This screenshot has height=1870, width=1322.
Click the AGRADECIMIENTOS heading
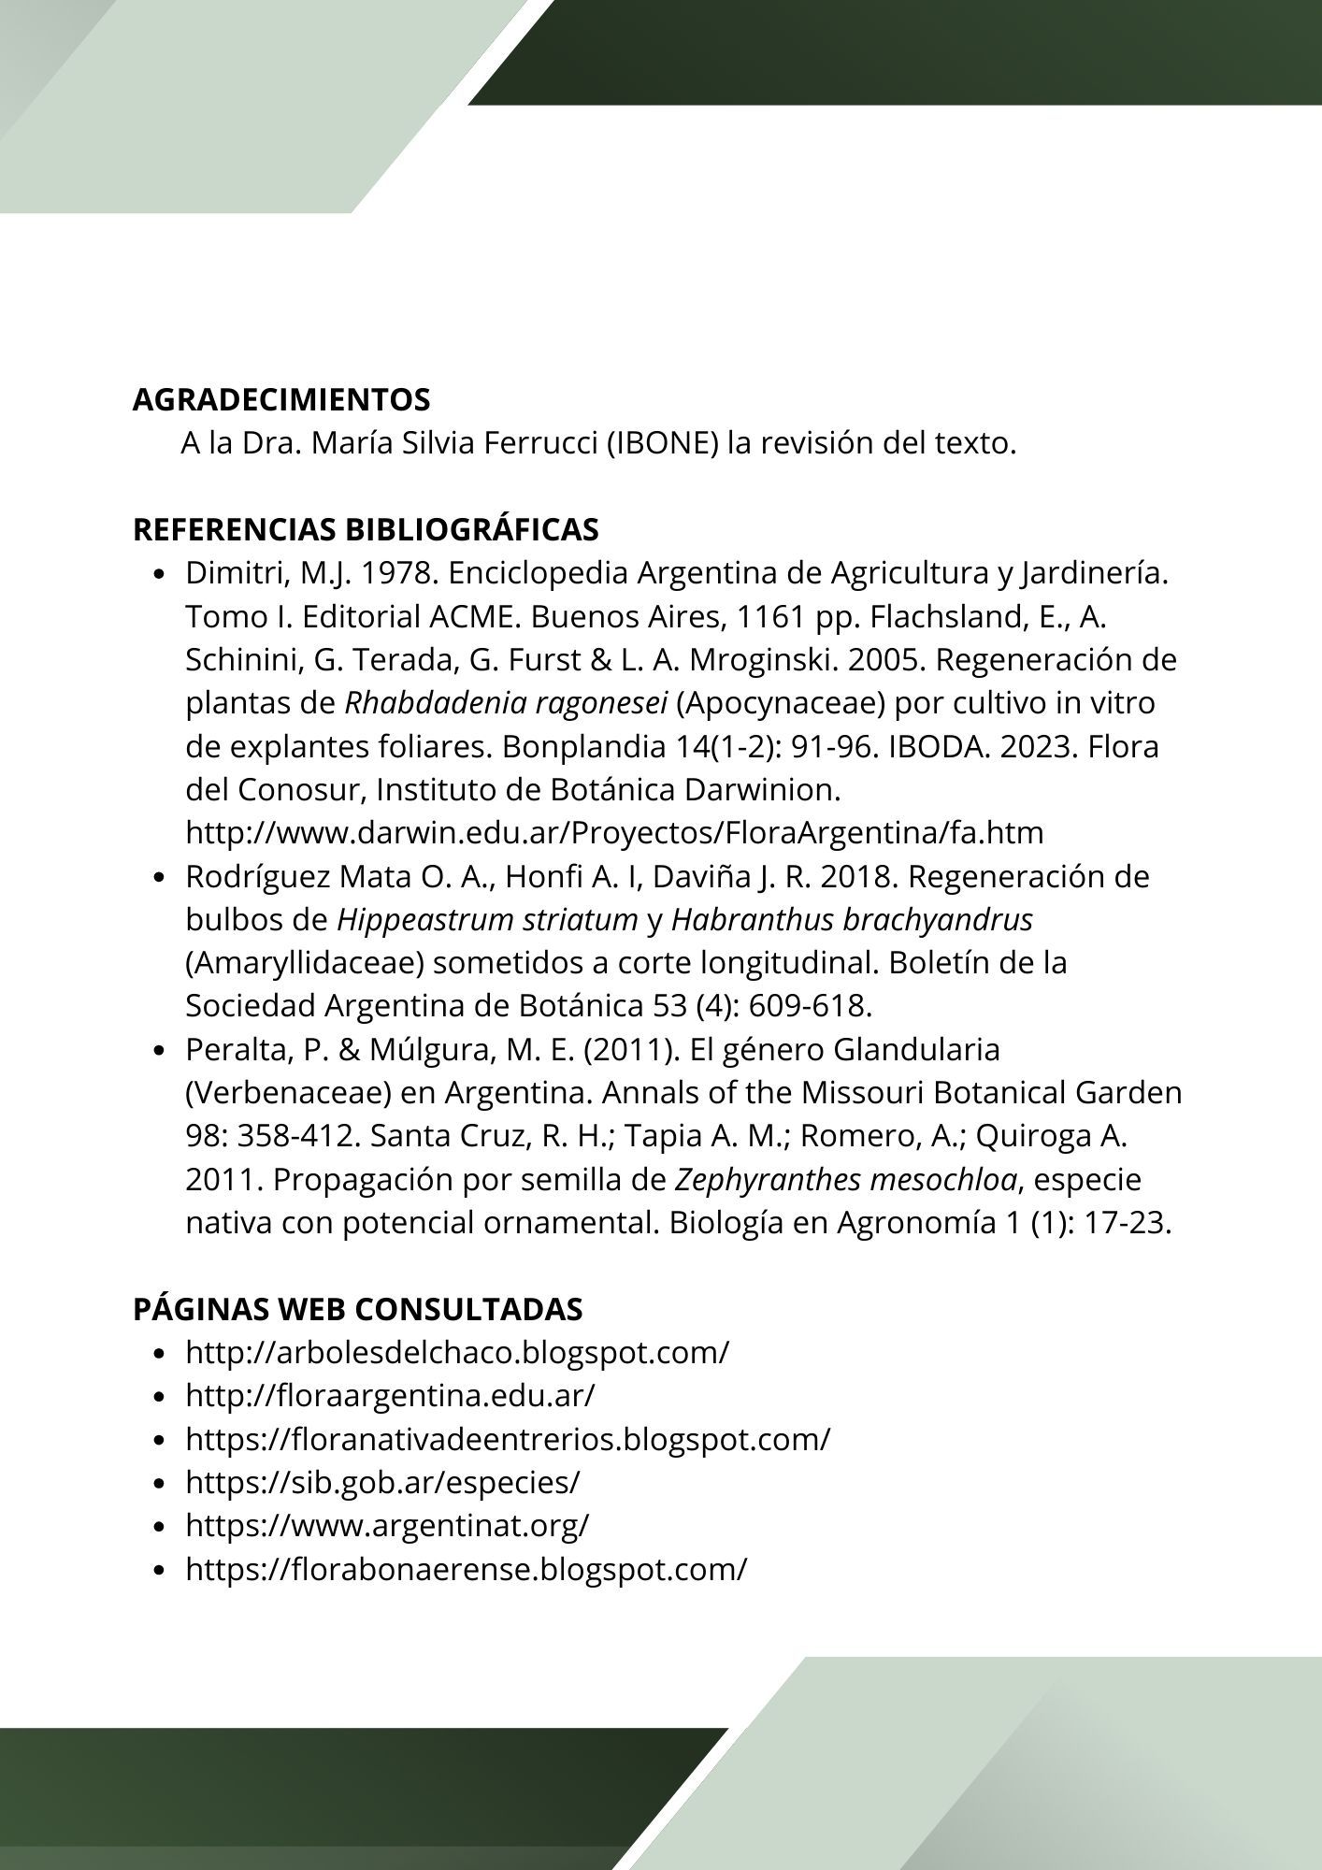point(281,400)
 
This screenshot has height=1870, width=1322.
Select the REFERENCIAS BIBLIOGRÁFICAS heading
point(366,530)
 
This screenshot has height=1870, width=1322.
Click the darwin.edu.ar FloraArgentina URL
point(614,833)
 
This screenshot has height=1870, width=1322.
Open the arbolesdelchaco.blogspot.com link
point(456,1353)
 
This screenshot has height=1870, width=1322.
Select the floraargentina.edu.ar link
point(390,1396)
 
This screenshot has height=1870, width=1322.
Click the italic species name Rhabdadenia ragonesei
point(499,703)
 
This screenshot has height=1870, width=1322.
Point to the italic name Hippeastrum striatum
point(487,920)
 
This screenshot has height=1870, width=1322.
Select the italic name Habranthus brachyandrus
point(852,920)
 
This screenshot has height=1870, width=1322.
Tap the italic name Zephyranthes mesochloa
point(845,1180)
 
